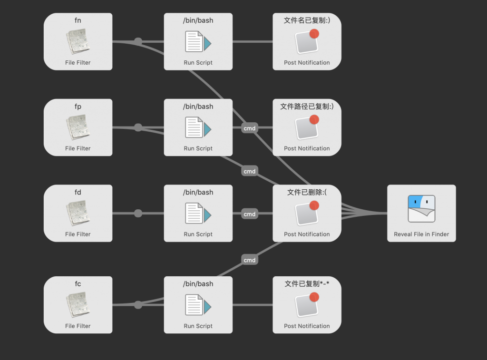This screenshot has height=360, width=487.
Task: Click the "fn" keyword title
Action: pyautogui.click(x=78, y=20)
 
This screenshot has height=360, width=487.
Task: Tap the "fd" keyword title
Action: pyautogui.click(x=78, y=192)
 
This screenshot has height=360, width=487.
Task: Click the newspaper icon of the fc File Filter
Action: pyautogui.click(x=78, y=305)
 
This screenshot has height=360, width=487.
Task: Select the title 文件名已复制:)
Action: pyautogui.click(x=307, y=20)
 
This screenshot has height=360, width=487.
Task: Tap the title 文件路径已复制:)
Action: pyautogui.click(x=307, y=107)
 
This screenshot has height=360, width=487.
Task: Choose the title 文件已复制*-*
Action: pyautogui.click(x=307, y=284)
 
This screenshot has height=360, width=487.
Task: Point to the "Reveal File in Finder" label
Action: pyautogui.click(x=421, y=234)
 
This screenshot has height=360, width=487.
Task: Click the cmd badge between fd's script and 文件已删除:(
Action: pyautogui.click(x=250, y=214)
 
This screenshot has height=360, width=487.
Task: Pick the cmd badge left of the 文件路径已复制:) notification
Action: pyautogui.click(x=250, y=128)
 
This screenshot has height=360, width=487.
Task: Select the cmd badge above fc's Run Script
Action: pyautogui.click(x=250, y=260)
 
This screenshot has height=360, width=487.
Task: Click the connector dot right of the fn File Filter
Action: pyautogui.click(x=138, y=42)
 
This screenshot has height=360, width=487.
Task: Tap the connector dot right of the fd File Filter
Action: pyautogui.click(x=138, y=214)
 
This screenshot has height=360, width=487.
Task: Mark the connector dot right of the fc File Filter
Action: pyautogui.click(x=138, y=305)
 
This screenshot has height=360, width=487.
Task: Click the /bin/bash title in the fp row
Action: pyautogui.click(x=198, y=107)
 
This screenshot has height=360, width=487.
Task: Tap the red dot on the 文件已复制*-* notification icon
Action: pyautogui.click(x=314, y=297)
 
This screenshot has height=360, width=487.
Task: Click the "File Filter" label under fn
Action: pyautogui.click(x=78, y=62)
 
